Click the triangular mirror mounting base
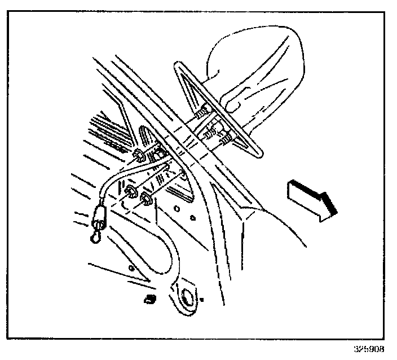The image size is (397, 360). [217, 113]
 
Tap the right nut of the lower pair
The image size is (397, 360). [146, 197]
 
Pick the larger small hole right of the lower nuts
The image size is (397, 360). [177, 208]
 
